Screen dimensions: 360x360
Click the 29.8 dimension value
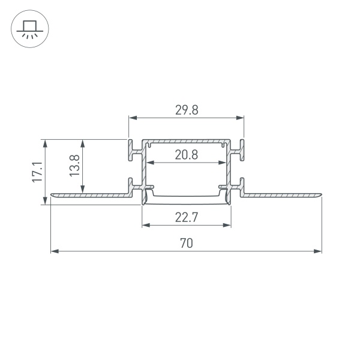point(186,110)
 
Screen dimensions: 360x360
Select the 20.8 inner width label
point(187,155)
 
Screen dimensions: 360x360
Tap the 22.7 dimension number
point(187,218)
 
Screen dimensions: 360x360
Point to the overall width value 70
point(187,244)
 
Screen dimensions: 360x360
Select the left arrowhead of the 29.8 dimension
point(132,118)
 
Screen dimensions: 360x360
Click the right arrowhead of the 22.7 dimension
point(227,226)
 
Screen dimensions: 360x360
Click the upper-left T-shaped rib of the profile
point(131,150)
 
